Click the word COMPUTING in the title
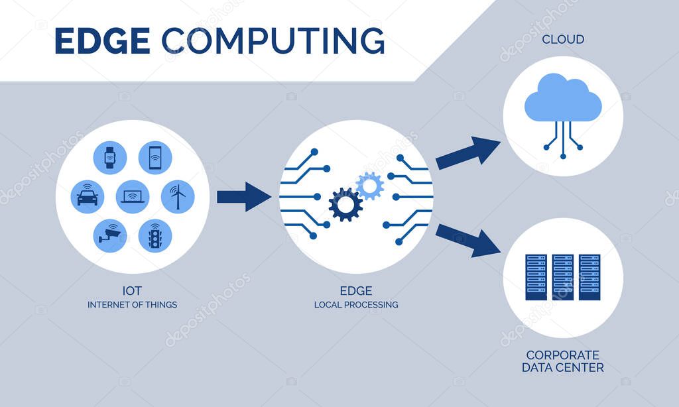click(x=273, y=41)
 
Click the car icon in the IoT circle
click(x=88, y=197)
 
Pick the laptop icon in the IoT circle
click(x=133, y=197)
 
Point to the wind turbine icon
click(x=178, y=197)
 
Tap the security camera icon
click(x=110, y=235)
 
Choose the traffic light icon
click(x=155, y=235)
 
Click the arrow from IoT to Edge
click(x=243, y=196)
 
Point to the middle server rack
click(x=563, y=276)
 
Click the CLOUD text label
click(x=563, y=40)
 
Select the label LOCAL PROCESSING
click(x=356, y=305)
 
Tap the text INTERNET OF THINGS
click(x=133, y=305)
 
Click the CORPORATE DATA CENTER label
click(x=563, y=361)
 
